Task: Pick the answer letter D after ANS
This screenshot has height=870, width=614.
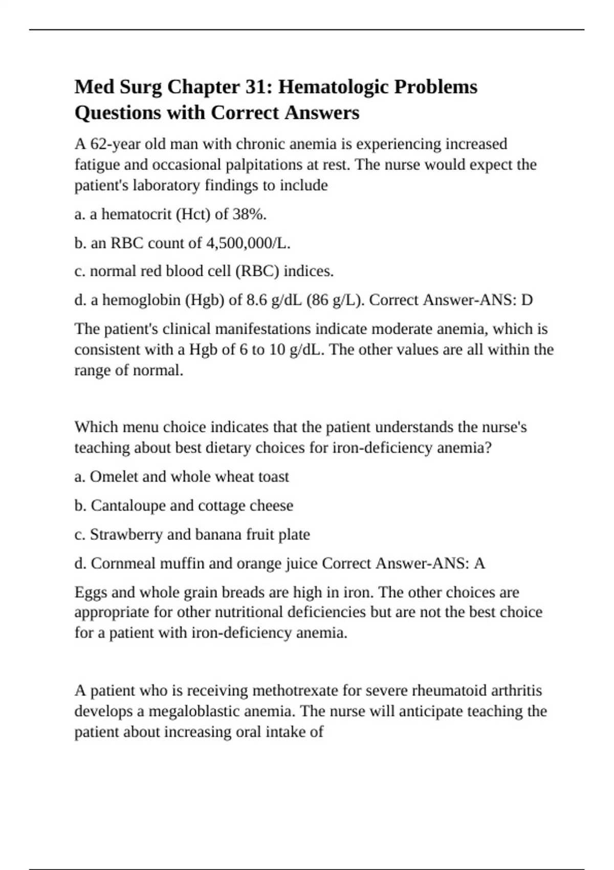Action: click(527, 300)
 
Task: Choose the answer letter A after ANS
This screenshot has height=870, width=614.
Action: click(479, 563)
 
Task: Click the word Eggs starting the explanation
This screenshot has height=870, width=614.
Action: click(91, 593)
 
